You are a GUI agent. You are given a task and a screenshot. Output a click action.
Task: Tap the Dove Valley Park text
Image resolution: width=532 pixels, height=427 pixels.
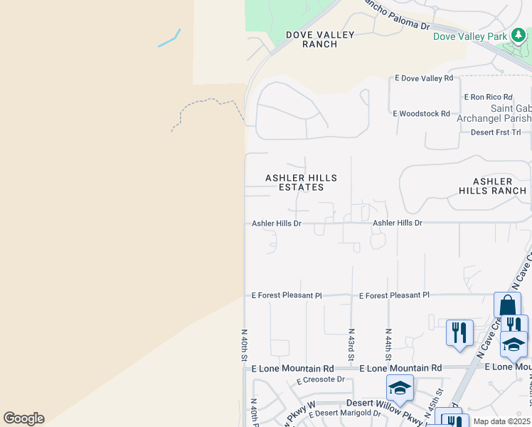(x=470, y=36)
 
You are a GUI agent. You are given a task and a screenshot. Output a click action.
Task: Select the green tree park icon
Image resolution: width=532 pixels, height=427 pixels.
(x=519, y=36)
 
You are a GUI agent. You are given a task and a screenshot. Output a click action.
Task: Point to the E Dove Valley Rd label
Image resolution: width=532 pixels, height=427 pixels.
(x=424, y=78)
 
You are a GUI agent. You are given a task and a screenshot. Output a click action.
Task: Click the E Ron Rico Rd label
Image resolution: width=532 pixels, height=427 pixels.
(x=488, y=97)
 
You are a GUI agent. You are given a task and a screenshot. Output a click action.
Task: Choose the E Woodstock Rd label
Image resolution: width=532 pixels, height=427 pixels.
(x=421, y=113)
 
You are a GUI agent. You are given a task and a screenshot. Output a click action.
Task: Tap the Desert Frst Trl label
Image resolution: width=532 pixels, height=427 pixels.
(x=496, y=132)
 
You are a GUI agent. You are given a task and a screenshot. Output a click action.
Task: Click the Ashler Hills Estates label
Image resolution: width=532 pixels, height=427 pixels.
(x=301, y=183)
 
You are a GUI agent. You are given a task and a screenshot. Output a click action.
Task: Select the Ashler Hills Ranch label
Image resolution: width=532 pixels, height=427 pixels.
(x=492, y=186)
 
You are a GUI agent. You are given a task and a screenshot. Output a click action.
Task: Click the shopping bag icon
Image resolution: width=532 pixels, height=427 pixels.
(x=507, y=305)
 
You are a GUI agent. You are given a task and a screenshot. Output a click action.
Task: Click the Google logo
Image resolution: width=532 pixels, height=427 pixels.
(x=23, y=418)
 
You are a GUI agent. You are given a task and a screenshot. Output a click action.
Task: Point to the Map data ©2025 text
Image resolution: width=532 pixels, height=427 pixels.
(x=501, y=421)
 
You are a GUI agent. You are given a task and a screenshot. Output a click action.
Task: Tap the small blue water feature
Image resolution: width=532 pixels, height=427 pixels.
(x=169, y=38)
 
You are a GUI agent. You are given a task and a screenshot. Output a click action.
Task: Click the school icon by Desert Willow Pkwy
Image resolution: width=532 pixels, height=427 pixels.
(x=400, y=388)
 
